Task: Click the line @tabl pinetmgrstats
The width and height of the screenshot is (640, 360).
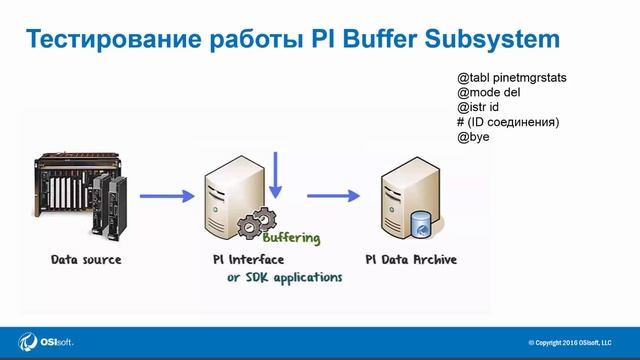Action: (x=512, y=75)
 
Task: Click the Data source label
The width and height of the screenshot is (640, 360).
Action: (x=86, y=259)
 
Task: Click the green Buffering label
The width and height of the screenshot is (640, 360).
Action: (x=291, y=238)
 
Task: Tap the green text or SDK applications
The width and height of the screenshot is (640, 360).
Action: (x=285, y=276)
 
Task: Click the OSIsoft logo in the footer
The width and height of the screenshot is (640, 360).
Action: (x=46, y=341)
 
